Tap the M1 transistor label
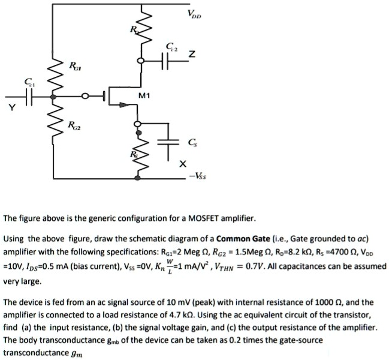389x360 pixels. point(144,94)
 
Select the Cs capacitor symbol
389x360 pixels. point(171,143)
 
